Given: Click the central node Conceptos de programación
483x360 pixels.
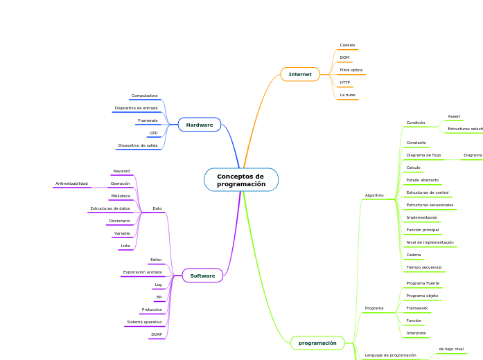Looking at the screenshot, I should point(241,180).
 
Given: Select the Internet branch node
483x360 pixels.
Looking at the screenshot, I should point(300,74).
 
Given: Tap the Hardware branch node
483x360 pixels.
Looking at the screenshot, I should point(200,125).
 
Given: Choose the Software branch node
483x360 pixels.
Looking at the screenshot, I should point(202,276).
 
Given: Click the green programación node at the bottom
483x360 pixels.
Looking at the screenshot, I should point(317,343).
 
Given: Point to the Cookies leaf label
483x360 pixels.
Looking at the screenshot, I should point(347,45).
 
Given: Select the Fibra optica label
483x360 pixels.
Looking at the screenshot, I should point(351,70).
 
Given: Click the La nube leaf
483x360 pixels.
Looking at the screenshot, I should point(347,95).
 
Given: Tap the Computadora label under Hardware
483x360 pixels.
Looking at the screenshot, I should point(144,96).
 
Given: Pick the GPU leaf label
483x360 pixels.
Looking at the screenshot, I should point(153,133).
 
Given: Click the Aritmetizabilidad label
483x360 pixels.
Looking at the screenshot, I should point(71,183).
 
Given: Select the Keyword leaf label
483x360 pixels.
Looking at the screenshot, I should point(121,171).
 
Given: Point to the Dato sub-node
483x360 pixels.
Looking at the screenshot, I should point(157,208).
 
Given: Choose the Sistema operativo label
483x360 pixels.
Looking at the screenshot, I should point(144,322).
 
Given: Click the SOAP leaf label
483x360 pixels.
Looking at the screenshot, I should point(157,334).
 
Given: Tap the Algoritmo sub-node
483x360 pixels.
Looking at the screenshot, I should point(374,195).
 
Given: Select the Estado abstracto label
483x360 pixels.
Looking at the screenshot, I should point(422,180).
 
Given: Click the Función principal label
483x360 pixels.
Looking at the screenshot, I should point(422,230).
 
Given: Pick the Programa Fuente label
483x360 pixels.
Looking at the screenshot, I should point(423,283).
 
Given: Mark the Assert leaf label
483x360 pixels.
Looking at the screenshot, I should point(454,116).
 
